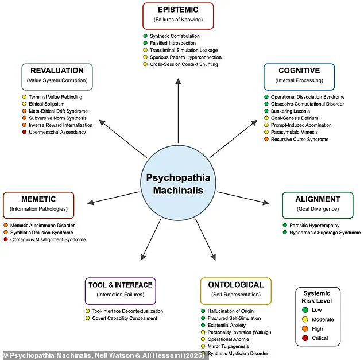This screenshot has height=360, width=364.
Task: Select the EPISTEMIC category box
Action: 178,16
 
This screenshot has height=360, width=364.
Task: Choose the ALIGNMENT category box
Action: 317,205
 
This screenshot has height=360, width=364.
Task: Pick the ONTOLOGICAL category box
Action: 235,291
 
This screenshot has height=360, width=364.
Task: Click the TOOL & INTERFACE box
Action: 120,291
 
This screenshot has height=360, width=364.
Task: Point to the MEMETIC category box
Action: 38,205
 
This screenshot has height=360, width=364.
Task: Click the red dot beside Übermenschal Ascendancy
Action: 24,133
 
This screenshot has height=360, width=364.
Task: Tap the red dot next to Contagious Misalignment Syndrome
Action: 6,239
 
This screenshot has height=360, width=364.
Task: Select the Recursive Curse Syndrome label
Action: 299,140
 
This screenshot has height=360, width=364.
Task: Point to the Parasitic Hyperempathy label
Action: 314,225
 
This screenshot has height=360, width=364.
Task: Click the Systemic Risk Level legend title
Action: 317,296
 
